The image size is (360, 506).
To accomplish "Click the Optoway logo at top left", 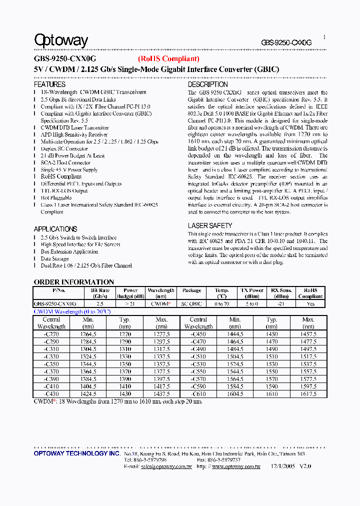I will (60, 41).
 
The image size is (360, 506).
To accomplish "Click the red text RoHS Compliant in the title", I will (168, 59).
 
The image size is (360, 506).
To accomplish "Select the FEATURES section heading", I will (49, 84).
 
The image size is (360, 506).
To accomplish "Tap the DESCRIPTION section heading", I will (208, 84).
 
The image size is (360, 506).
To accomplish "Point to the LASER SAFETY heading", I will (210, 225).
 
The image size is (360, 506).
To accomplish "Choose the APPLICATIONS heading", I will (55, 229).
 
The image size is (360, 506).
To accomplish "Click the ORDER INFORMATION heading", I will (74, 281).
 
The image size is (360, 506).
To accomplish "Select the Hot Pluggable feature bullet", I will (56, 198).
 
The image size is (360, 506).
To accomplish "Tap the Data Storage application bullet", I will (54, 258).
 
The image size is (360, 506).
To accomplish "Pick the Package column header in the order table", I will (191, 290).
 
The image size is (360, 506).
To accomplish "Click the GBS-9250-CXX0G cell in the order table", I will (55, 303).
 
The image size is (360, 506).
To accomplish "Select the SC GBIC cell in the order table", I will (191, 303).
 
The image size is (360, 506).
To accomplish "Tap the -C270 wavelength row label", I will (51, 334).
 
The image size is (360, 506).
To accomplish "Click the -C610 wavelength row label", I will (198, 394).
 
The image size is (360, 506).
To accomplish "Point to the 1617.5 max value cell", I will (308, 394).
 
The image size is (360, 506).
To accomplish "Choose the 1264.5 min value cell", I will (88, 334).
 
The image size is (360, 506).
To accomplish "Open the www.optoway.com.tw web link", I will (236, 466).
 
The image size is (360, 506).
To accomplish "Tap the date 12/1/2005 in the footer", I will (282, 466).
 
